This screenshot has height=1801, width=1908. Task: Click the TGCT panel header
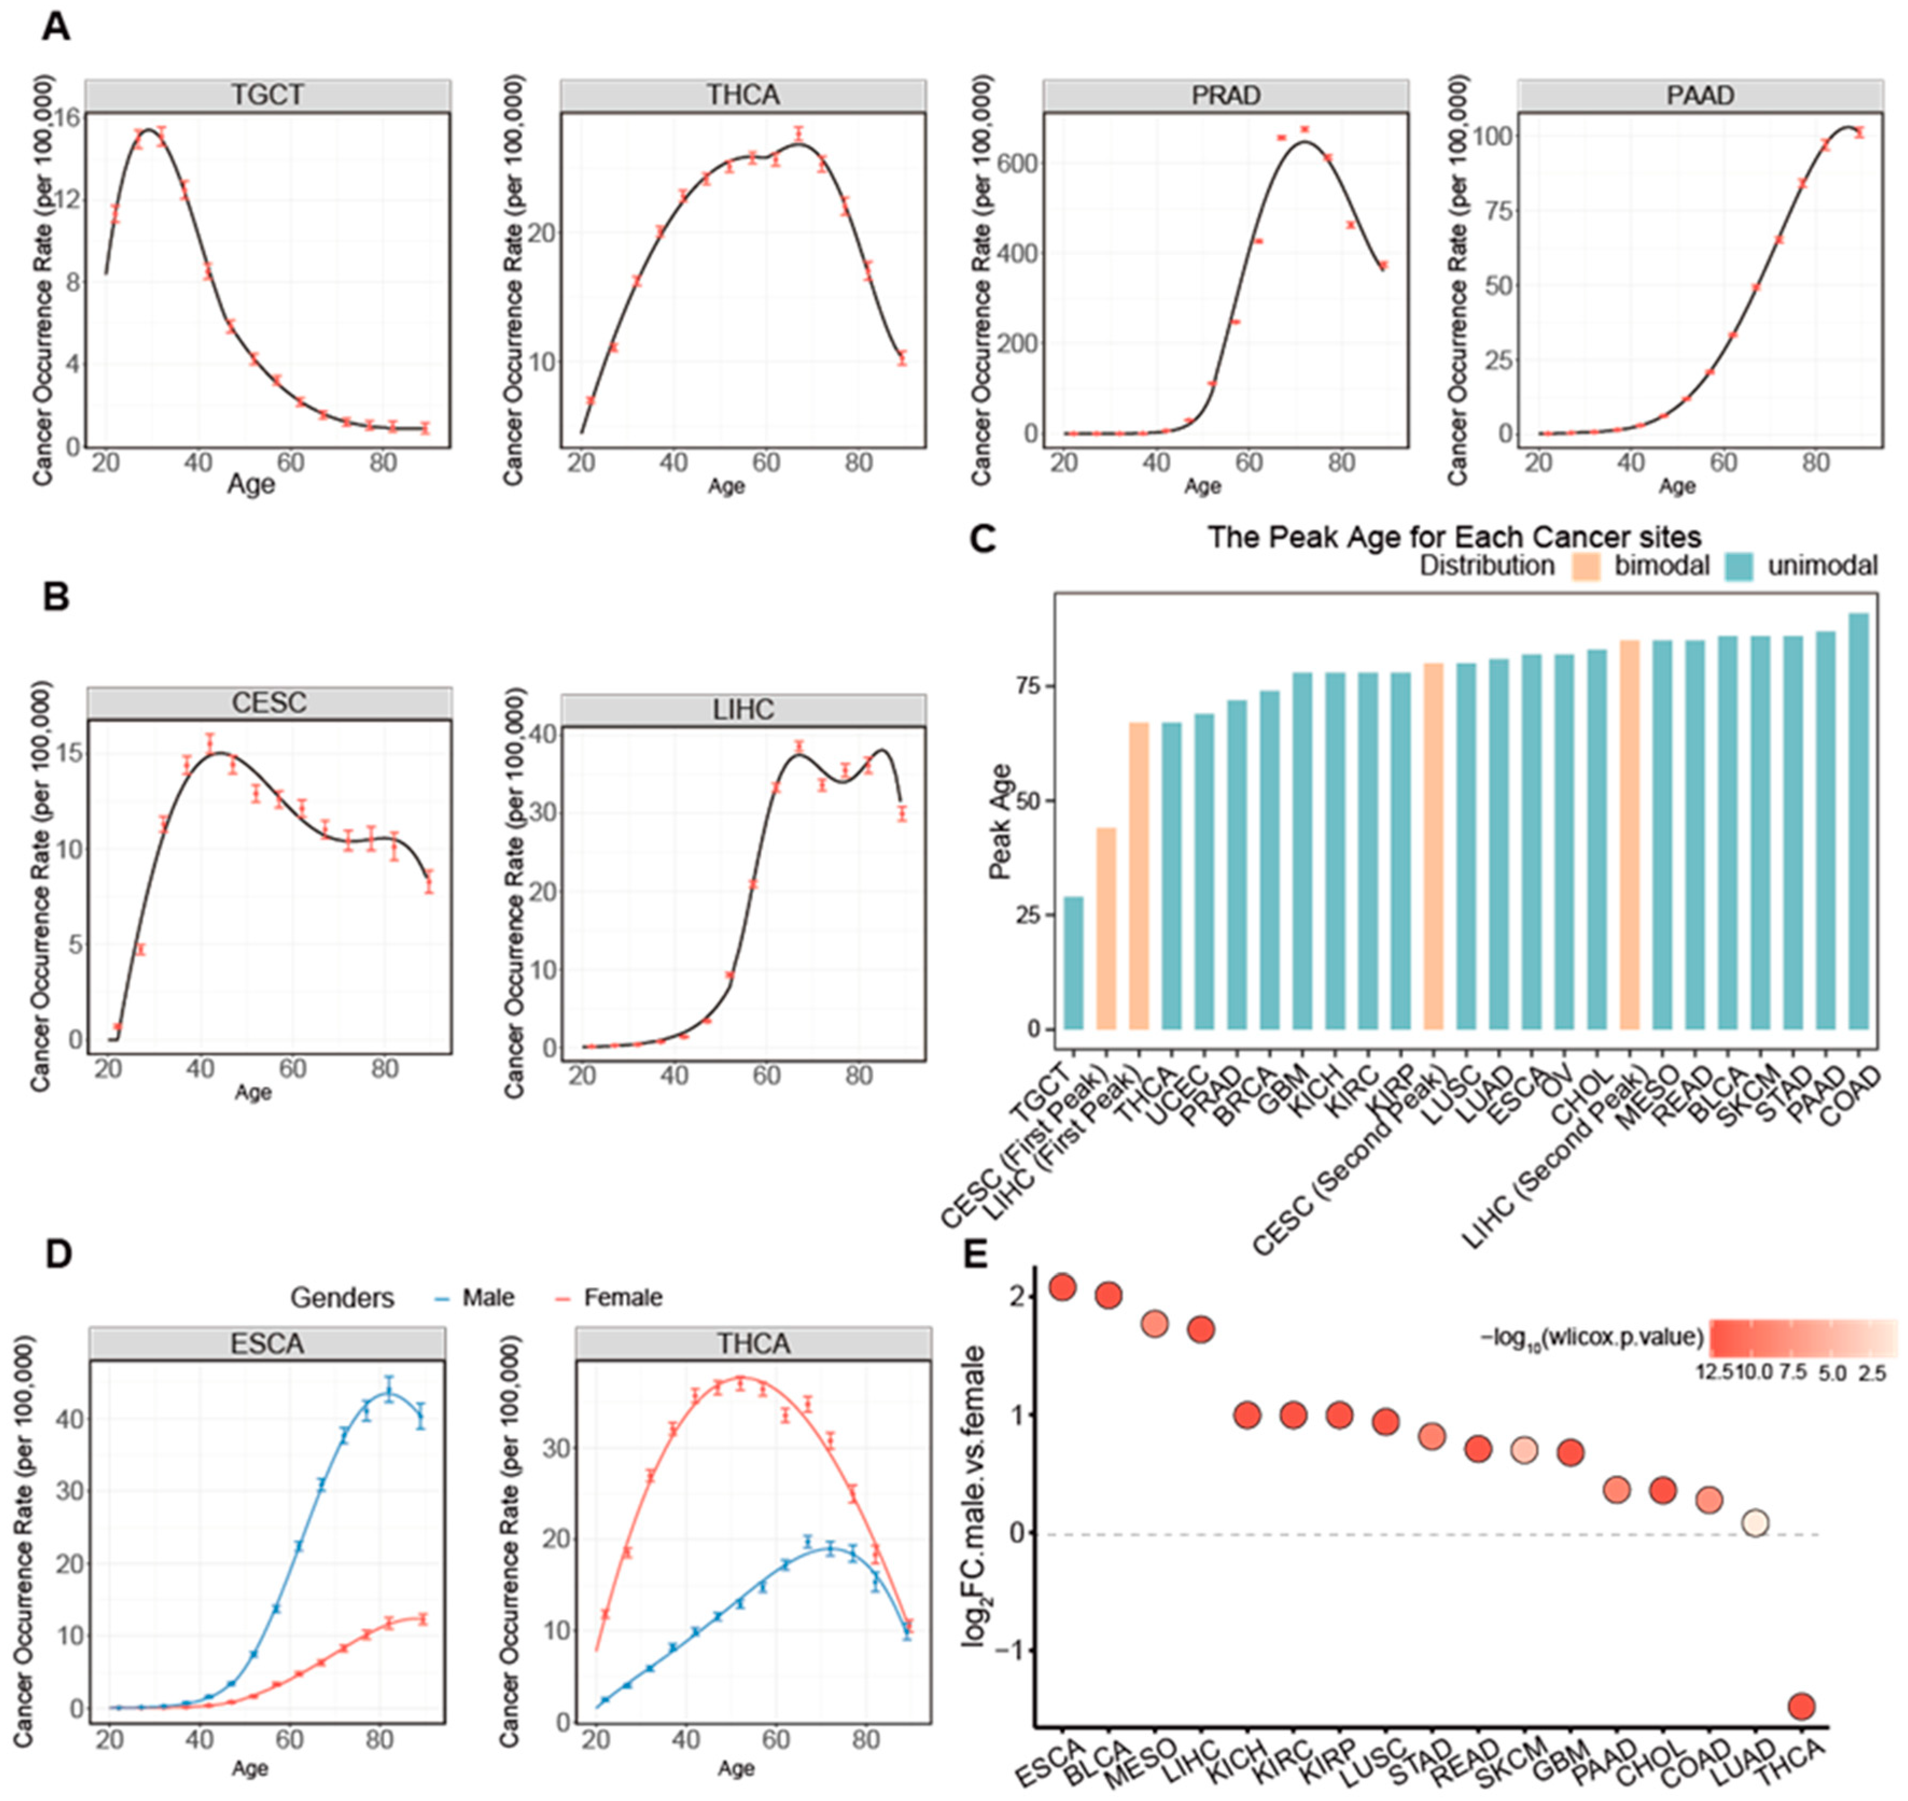268,95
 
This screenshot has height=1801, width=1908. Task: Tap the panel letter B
57,597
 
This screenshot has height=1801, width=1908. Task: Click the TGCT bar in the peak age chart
1074,963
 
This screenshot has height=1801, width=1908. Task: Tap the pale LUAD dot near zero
1755,1523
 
